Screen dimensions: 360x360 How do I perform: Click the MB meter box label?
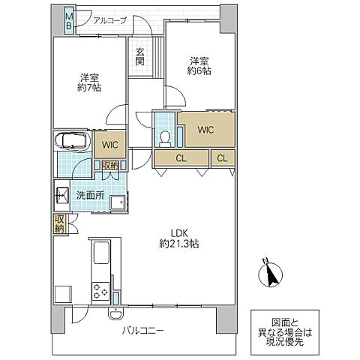click(69, 21)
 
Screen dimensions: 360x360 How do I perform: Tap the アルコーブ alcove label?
click(110, 20)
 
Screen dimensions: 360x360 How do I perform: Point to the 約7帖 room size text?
click(89, 88)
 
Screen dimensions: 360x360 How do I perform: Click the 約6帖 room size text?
click(199, 71)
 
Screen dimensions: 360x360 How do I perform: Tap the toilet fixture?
click(165, 139)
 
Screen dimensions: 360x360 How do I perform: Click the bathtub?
click(73, 141)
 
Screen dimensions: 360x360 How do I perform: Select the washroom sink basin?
click(61, 195)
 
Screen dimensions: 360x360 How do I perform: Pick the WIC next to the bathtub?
click(110, 145)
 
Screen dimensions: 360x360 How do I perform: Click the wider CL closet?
click(181, 158)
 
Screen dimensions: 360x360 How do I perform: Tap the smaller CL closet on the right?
click(223, 158)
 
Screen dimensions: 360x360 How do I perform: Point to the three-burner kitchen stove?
click(100, 291)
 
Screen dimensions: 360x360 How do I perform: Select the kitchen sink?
click(101, 253)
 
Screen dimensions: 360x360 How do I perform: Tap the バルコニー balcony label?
click(143, 331)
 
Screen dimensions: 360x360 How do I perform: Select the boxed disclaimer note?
click(285, 332)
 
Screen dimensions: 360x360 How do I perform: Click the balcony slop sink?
click(115, 313)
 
